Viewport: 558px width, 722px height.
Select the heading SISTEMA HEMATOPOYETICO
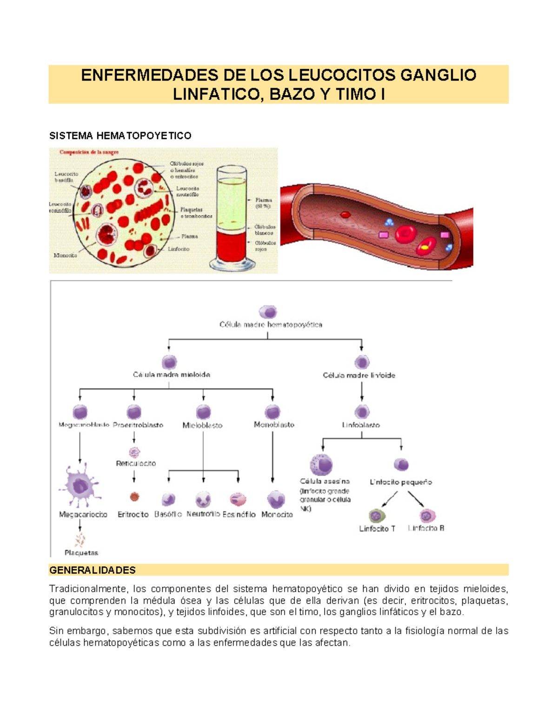[x=120, y=136]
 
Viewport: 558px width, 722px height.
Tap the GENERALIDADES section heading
[x=93, y=570]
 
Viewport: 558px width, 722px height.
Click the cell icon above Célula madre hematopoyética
[x=268, y=311]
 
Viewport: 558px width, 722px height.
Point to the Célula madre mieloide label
[x=172, y=375]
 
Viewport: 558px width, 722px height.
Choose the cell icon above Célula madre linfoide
[x=362, y=362]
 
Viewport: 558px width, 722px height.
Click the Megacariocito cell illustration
[x=80, y=486]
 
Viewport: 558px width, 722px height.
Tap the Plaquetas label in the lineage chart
[x=81, y=553]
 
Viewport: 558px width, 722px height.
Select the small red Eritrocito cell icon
[x=134, y=497]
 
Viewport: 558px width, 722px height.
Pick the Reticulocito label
[x=136, y=464]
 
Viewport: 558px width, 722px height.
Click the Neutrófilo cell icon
[x=203, y=500]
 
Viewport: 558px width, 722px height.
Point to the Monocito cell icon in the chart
[x=276, y=500]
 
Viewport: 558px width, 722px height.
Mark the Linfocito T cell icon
[x=376, y=516]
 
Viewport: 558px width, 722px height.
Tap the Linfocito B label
[x=426, y=528]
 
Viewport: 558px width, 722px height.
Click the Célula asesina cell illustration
[x=321, y=464]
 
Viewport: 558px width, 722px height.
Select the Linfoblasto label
[x=361, y=425]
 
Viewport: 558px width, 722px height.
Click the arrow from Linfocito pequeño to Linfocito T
[x=389, y=500]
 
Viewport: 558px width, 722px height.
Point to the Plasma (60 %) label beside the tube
[x=263, y=203]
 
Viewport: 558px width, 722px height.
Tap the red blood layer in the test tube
[x=232, y=246]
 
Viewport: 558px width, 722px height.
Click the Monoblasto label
[x=274, y=424]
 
